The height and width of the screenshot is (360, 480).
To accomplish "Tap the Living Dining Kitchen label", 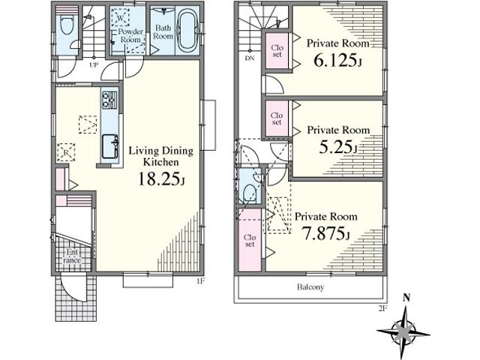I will coord(162,156).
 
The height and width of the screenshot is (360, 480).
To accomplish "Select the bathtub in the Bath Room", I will coord(187,31).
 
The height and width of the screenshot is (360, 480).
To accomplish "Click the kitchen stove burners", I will coord(109,99).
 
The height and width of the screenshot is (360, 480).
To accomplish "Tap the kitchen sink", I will coord(109,142).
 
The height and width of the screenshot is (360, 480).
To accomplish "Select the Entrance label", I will coord(71,256).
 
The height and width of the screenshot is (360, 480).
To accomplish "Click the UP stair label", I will coord(94,65).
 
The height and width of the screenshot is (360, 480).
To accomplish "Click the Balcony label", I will coord(308,287).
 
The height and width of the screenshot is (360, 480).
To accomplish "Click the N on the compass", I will coord(406,298).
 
